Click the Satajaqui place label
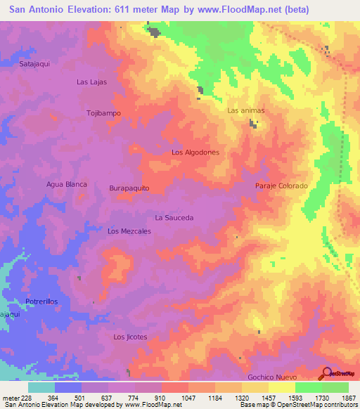(34, 63)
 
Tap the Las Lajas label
(91, 82)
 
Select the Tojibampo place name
(103, 113)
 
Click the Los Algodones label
(195, 152)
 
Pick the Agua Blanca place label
(66, 184)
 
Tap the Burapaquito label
(129, 189)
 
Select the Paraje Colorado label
(281, 186)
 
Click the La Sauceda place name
(174, 218)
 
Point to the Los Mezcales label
(129, 231)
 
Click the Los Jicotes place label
(130, 337)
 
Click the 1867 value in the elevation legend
(349, 398)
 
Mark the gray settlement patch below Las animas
(252, 124)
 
